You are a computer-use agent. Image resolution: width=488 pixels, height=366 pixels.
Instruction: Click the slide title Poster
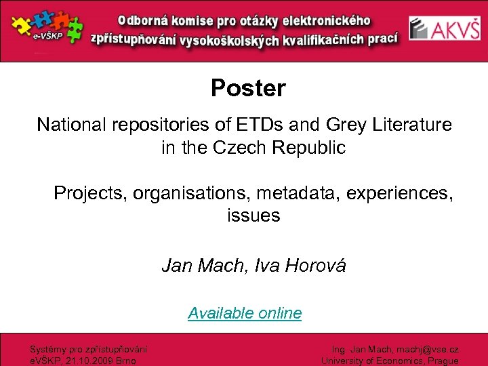[x=248, y=88]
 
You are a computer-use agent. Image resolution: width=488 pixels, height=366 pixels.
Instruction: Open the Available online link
[x=245, y=313]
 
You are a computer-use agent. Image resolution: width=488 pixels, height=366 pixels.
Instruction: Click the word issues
[x=253, y=216]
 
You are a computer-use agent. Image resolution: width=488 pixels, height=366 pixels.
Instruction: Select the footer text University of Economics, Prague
[x=390, y=361]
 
